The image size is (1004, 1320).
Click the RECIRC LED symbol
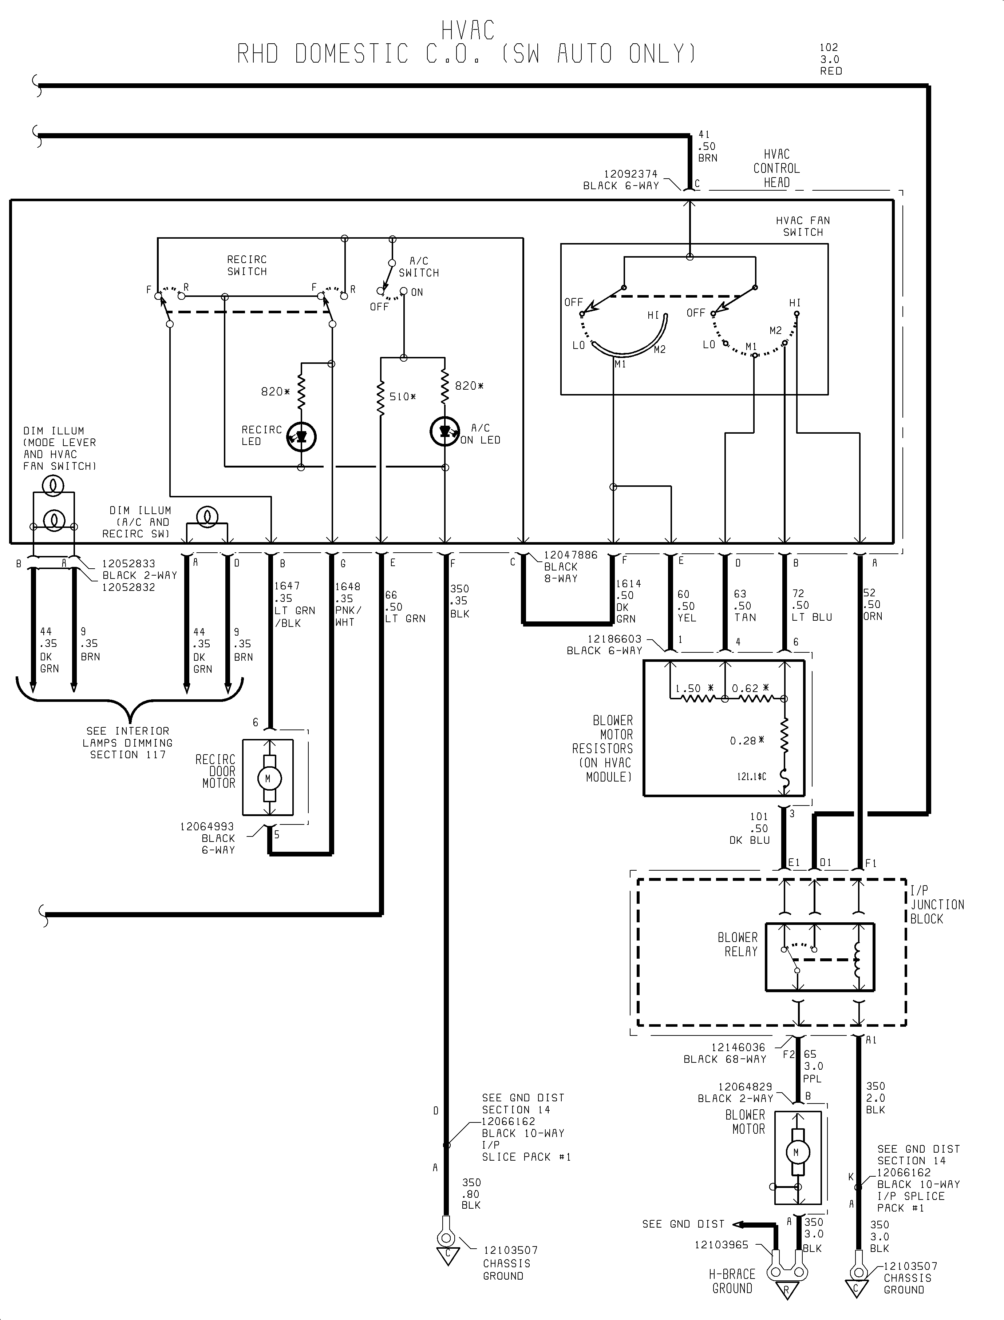(x=301, y=437)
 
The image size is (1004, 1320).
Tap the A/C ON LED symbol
(x=444, y=431)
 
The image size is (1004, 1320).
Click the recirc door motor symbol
(x=268, y=778)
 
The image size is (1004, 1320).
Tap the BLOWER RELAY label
(x=738, y=944)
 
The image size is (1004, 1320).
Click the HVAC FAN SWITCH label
(x=803, y=226)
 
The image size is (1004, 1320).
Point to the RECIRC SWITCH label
(x=247, y=265)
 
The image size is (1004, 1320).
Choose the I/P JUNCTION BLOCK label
(x=936, y=904)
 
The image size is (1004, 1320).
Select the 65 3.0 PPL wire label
(x=813, y=1066)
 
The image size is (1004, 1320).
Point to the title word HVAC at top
(x=468, y=31)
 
